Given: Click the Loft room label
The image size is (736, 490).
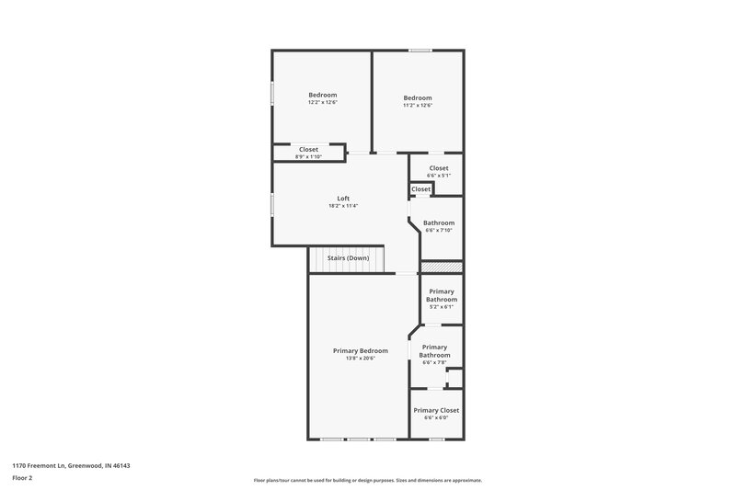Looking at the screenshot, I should (342, 199).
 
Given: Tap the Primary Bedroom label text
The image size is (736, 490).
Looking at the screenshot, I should (360, 350).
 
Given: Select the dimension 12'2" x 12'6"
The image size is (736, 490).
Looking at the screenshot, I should (322, 102).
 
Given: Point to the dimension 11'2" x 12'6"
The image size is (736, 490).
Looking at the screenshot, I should (417, 106).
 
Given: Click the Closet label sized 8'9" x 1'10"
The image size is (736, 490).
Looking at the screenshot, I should (308, 149).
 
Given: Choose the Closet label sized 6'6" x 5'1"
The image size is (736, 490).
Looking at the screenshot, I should (438, 168).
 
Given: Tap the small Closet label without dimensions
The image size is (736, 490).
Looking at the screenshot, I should (420, 189).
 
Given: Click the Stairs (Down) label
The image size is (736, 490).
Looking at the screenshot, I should (349, 258).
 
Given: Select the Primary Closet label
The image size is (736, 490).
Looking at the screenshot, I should (435, 410).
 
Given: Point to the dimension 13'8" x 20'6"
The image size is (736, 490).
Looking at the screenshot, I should (360, 358).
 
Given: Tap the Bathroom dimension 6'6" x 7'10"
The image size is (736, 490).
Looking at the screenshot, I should (438, 230).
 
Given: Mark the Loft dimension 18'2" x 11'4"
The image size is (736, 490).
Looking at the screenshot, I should (342, 206).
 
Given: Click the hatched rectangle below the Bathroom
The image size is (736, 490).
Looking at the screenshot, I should (441, 268).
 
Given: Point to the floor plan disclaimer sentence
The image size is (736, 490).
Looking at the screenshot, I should (367, 480).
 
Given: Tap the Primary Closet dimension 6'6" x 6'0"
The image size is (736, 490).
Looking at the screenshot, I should (435, 417).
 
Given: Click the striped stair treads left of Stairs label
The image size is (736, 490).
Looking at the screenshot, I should (316, 259).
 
